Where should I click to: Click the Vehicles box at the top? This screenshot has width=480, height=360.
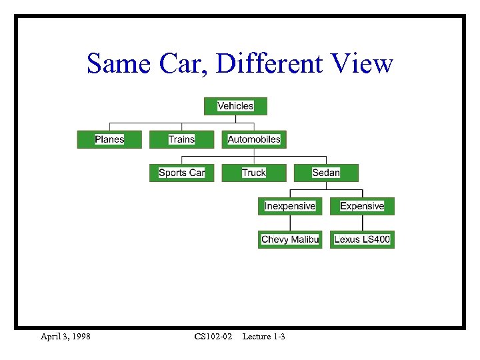click(235, 106)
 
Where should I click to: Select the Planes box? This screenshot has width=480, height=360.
click(109, 139)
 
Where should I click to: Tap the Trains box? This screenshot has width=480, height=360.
click(181, 139)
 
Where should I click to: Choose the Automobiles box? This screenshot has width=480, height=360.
click(254, 139)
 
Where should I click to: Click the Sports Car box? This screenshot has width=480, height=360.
click(181, 173)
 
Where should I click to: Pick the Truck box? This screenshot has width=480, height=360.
click(254, 173)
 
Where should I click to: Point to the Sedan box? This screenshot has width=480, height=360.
click(326, 173)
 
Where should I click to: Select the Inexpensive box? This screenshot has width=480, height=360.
click(290, 206)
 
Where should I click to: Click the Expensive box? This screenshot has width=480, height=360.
click(362, 206)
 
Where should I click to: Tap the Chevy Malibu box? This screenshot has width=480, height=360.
click(290, 239)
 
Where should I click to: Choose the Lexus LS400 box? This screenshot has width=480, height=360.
click(362, 239)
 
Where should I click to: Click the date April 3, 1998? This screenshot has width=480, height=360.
click(65, 337)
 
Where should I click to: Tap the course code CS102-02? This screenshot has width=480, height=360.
click(213, 337)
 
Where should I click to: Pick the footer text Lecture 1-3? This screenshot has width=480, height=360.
click(263, 337)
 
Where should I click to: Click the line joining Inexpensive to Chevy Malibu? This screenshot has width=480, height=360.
click(290, 223)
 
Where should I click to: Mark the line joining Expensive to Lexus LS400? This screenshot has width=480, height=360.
click(362, 223)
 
